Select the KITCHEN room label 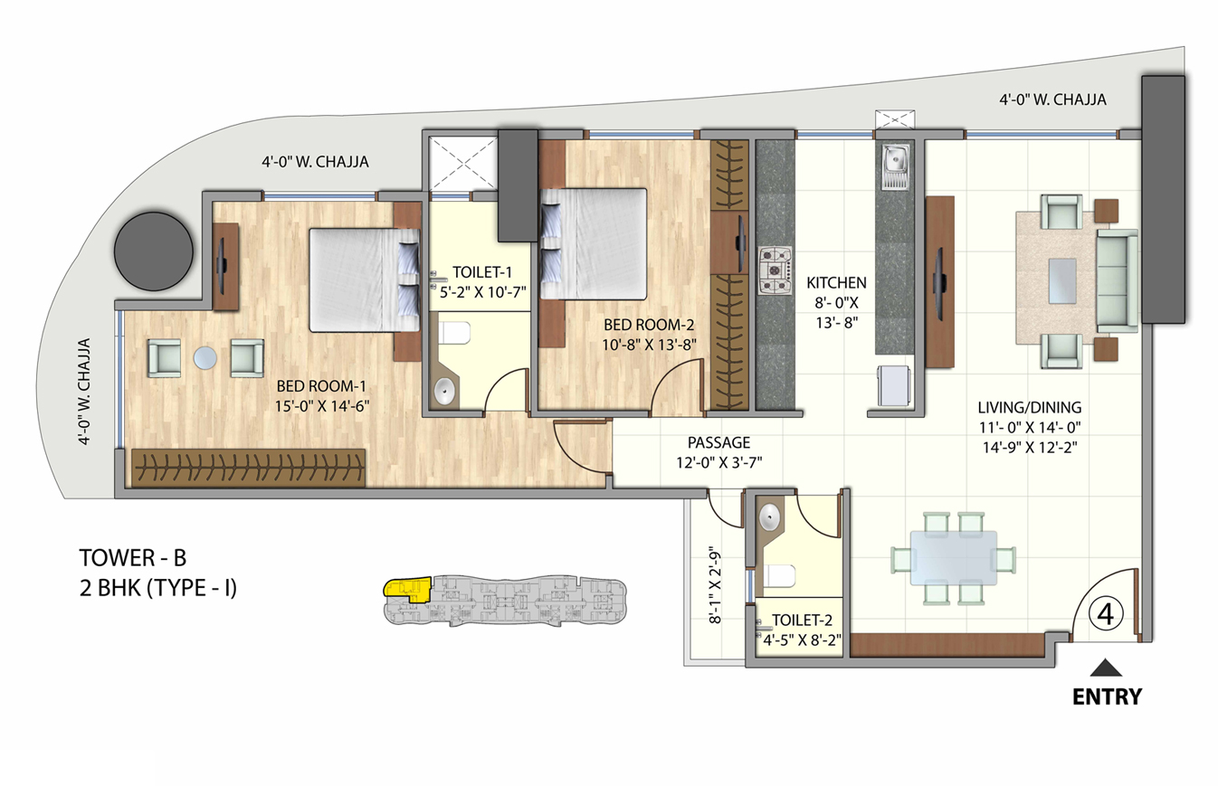pos(837,281)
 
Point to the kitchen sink pos(896,167)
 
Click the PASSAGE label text pos(719,443)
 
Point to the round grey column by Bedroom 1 pos(154,251)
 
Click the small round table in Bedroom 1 pos(205,358)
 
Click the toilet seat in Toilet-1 pos(455,333)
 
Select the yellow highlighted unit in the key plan pos(404,589)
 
